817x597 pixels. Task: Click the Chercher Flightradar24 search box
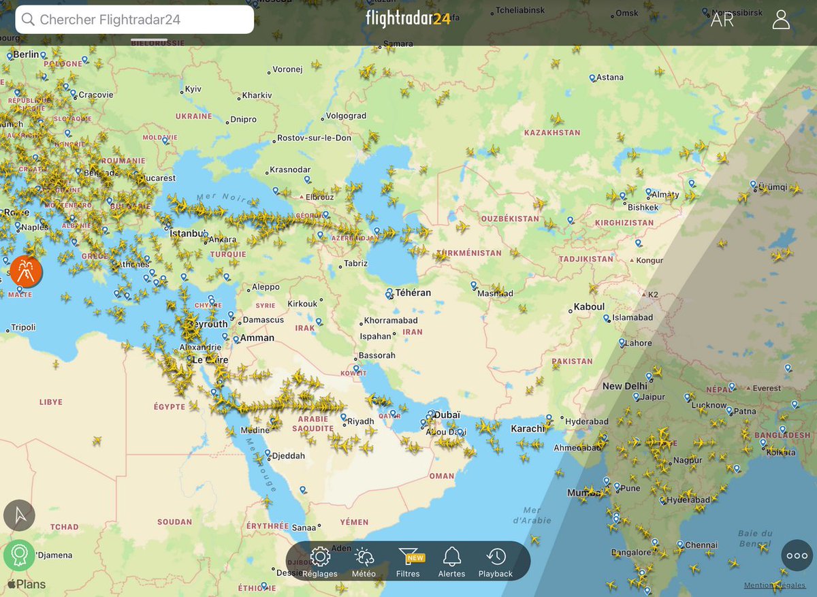[135, 20]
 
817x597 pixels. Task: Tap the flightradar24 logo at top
[408, 18]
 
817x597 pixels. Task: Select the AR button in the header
[722, 20]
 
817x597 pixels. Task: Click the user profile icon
[781, 20]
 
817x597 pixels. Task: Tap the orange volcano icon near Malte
[27, 272]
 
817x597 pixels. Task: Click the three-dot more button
[797, 555]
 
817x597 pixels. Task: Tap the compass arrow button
[19, 515]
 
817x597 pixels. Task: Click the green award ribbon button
[19, 555]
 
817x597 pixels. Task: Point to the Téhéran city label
[414, 293]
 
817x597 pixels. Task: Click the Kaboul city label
[589, 307]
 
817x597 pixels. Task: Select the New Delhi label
[625, 386]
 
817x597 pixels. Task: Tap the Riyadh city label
[361, 421]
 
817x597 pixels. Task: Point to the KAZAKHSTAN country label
[552, 132]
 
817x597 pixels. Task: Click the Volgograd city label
[346, 116]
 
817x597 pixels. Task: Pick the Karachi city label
[528, 428]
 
